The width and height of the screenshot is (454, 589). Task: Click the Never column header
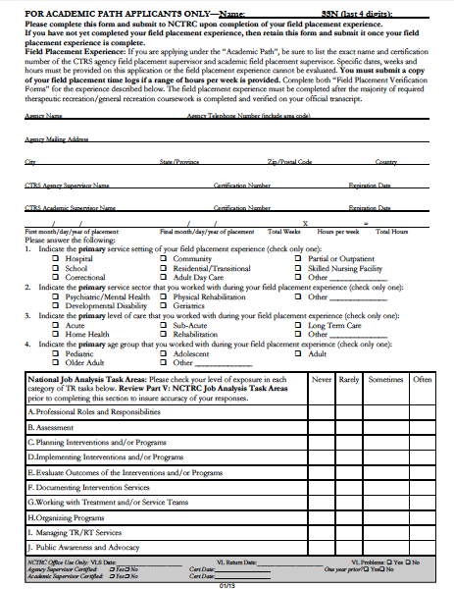(321, 379)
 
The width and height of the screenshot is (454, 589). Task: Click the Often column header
(422, 379)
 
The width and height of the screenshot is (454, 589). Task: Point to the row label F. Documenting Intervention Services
(88, 486)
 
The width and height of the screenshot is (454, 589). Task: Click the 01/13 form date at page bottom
(227, 585)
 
